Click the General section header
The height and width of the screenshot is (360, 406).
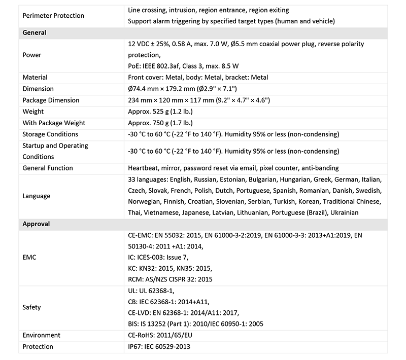(35, 32)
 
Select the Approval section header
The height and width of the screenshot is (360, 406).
(37, 224)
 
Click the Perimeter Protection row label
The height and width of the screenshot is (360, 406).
(54, 16)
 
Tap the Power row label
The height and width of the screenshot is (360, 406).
(31, 55)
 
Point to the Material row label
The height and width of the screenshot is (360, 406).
(35, 78)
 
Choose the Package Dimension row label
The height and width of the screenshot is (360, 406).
(51, 100)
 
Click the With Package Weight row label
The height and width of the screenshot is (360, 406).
(54, 123)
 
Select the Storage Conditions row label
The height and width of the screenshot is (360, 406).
(50, 134)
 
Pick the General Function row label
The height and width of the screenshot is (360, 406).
(48, 168)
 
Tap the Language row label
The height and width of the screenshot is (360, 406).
(37, 196)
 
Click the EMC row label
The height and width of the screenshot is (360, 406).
(29, 257)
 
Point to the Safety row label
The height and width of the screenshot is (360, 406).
(31, 307)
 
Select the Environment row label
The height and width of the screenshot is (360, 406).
(42, 335)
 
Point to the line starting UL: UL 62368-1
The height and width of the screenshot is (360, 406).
(151, 291)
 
